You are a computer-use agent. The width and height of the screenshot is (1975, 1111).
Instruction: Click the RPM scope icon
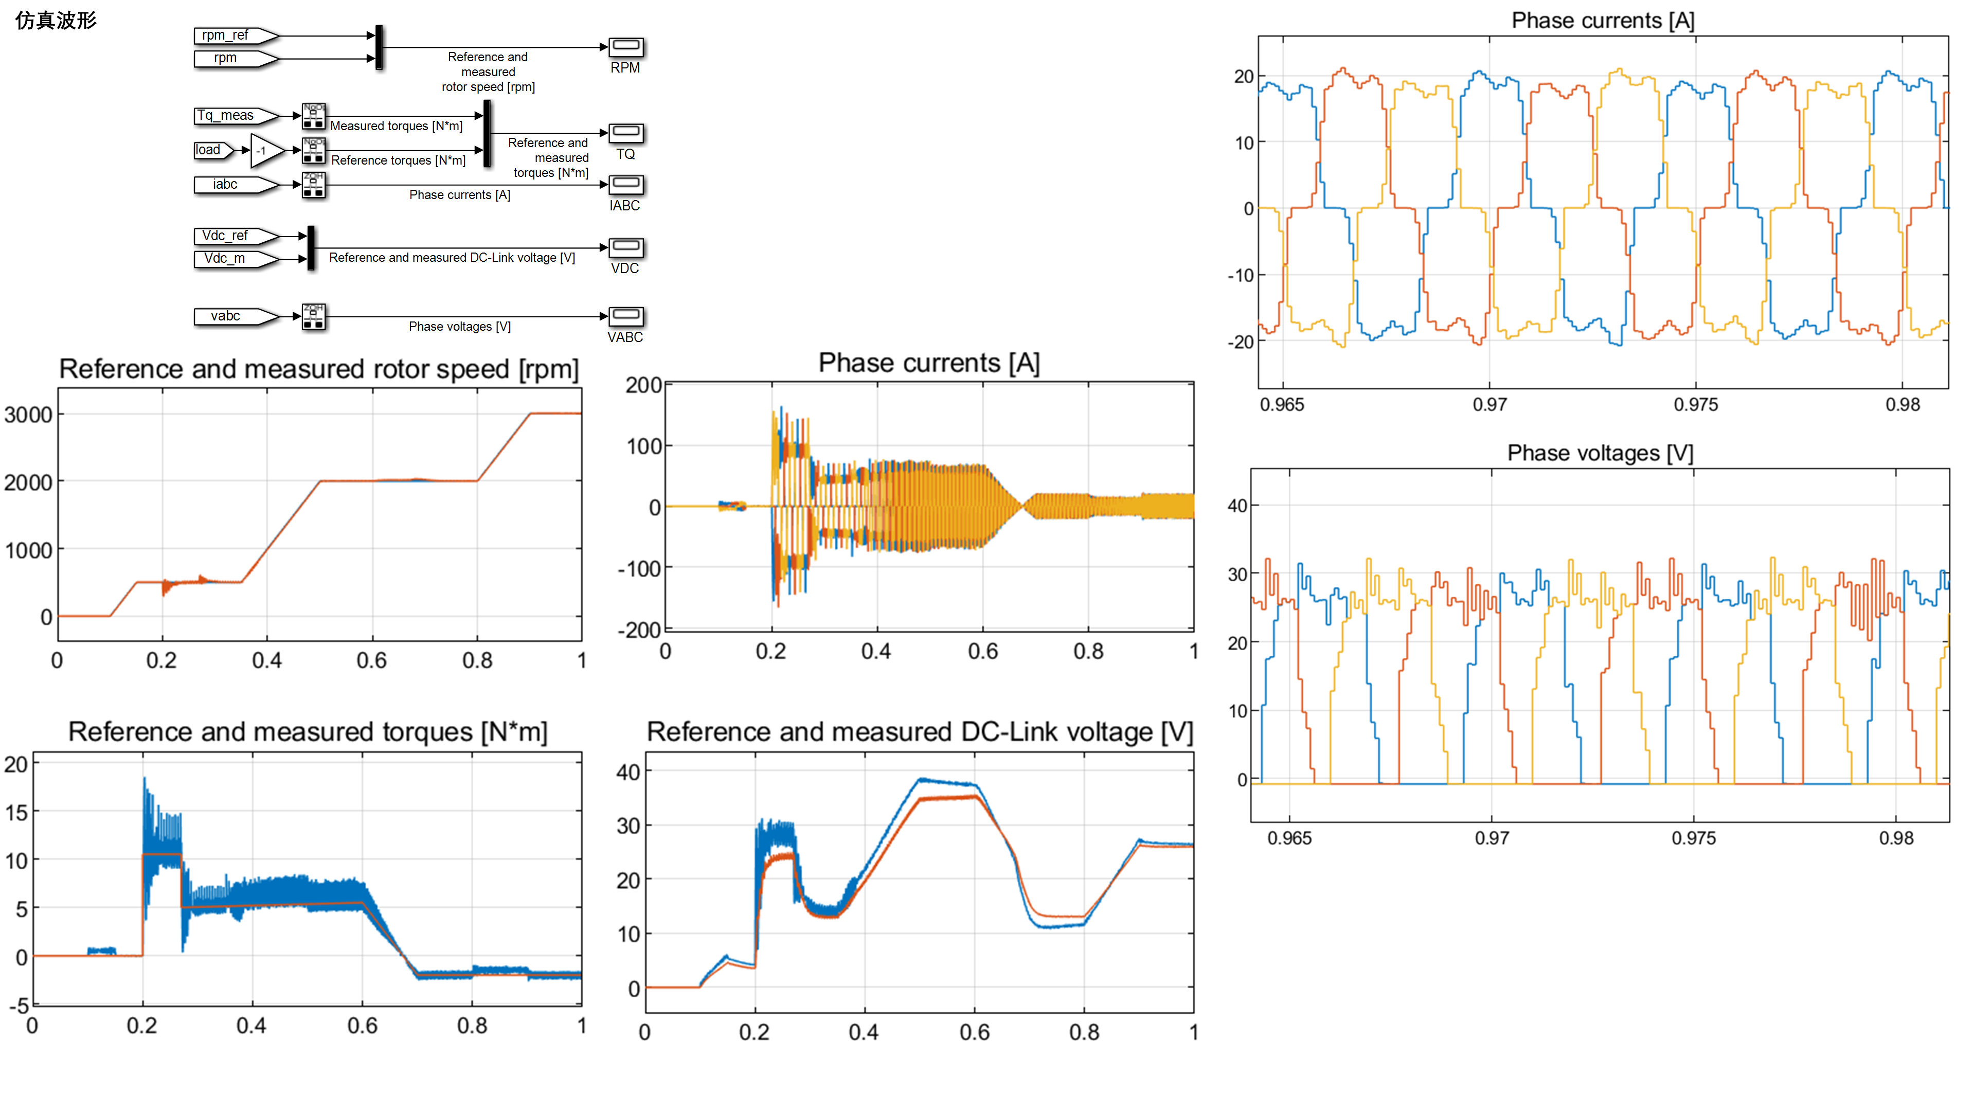625,47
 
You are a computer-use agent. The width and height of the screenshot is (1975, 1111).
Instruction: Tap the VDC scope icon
625,247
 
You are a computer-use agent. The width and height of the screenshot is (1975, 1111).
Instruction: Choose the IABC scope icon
625,185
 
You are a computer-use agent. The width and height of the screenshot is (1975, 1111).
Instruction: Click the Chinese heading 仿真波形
56,21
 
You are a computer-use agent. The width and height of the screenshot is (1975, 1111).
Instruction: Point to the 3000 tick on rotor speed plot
28,415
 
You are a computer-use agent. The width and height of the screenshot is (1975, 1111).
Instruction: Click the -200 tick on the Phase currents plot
639,630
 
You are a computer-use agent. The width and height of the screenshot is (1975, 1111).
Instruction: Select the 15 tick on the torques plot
17,812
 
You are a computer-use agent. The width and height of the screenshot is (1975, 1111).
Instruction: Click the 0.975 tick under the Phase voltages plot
1694,838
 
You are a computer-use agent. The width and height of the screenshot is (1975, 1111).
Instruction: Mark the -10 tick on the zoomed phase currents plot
1241,275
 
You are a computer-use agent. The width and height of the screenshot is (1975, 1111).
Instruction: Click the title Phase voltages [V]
1600,453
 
